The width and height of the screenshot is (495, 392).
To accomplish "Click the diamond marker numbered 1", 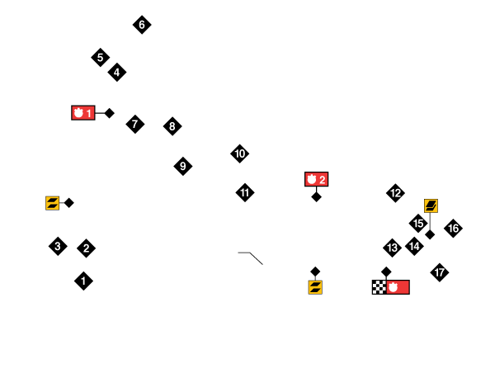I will pyautogui.click(x=83, y=281).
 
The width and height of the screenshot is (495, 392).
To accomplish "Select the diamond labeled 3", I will pyautogui.click(x=58, y=246).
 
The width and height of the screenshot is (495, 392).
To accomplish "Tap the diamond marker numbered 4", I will pyautogui.click(x=117, y=73).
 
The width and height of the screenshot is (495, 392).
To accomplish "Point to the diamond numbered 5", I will pyautogui.click(x=101, y=58).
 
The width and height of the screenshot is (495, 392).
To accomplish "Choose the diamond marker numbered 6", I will pyautogui.click(x=142, y=25).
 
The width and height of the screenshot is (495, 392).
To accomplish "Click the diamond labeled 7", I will pyautogui.click(x=135, y=125).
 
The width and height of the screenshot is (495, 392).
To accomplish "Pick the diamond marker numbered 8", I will pyautogui.click(x=172, y=126).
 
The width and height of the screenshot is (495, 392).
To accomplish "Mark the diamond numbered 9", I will pyautogui.click(x=183, y=166).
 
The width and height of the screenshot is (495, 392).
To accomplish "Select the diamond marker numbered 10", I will pyautogui.click(x=240, y=153).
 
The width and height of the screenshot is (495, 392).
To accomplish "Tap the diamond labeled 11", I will pyautogui.click(x=245, y=193).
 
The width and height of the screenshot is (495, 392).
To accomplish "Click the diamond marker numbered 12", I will pyautogui.click(x=396, y=193).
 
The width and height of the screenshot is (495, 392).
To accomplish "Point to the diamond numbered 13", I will pyautogui.click(x=393, y=248).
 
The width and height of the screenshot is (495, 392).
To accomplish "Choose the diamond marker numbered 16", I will pyautogui.click(x=454, y=229).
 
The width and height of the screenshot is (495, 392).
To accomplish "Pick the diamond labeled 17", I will pyautogui.click(x=440, y=272).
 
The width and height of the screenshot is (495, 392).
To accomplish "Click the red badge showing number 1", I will pyautogui.click(x=83, y=113).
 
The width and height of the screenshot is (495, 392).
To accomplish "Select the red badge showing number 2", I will pyautogui.click(x=316, y=179).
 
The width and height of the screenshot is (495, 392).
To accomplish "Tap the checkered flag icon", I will pyautogui.click(x=379, y=287).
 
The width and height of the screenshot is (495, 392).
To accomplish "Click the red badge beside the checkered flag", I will pyautogui.click(x=398, y=287).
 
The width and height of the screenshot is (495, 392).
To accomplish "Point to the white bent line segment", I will pyautogui.click(x=251, y=257).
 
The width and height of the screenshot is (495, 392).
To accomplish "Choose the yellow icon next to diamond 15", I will pyautogui.click(x=431, y=205).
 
